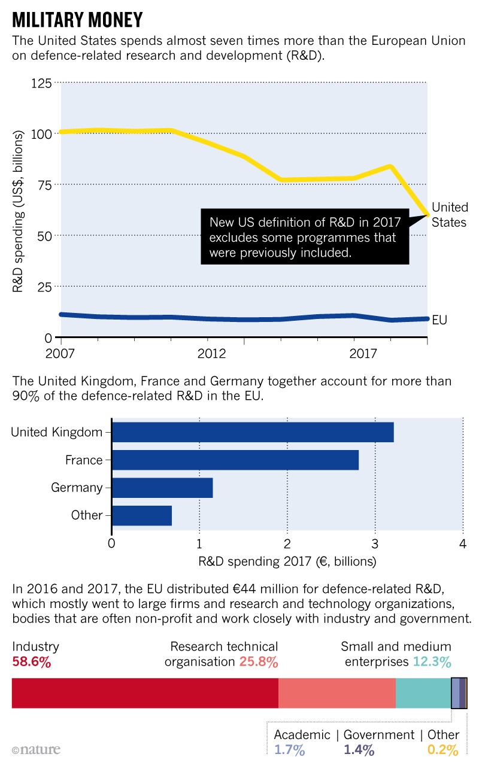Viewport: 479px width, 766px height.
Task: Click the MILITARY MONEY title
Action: pos(77,20)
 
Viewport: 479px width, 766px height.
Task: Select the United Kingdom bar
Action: pos(252,432)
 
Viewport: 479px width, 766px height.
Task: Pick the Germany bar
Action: pos(162,488)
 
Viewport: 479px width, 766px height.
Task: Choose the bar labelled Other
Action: pos(141,515)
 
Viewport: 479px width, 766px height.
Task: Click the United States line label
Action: pos(450,215)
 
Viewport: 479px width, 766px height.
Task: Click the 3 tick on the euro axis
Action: pos(375,543)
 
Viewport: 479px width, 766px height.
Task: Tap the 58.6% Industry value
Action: pos(31,662)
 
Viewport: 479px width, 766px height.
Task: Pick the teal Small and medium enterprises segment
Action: pos(423,693)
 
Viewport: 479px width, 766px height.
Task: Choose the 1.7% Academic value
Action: pos(289,750)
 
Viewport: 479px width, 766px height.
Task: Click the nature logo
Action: pos(36,750)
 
